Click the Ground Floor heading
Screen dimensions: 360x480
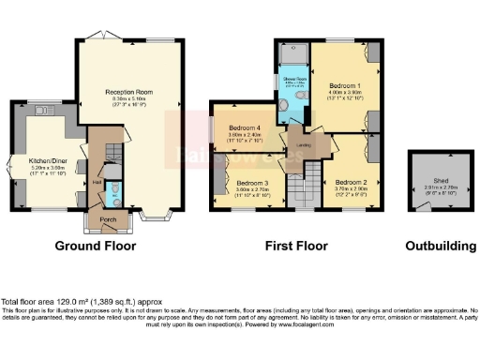coord(95,247)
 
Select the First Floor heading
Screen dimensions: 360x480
coord(295,247)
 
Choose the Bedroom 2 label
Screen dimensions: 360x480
coord(351,182)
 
